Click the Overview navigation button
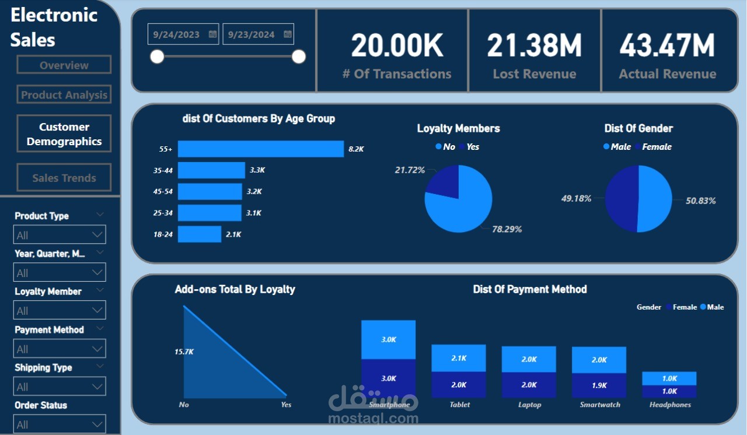click(x=64, y=65)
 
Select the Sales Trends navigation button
click(x=64, y=178)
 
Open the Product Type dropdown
click(x=60, y=234)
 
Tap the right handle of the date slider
click(x=299, y=57)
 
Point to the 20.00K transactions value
click(x=397, y=45)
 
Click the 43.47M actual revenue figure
click(x=667, y=45)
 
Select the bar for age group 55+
click(x=261, y=149)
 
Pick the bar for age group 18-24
click(x=200, y=234)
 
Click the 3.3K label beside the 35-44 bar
click(x=258, y=170)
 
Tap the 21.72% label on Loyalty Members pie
click(x=410, y=170)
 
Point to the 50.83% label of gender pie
click(x=701, y=201)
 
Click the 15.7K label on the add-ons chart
click(x=184, y=352)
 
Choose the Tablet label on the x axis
click(x=460, y=405)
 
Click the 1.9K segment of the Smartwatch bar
click(x=599, y=385)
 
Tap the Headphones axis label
click(x=670, y=405)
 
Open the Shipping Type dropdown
click(x=60, y=386)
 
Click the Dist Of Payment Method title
click(x=530, y=289)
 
